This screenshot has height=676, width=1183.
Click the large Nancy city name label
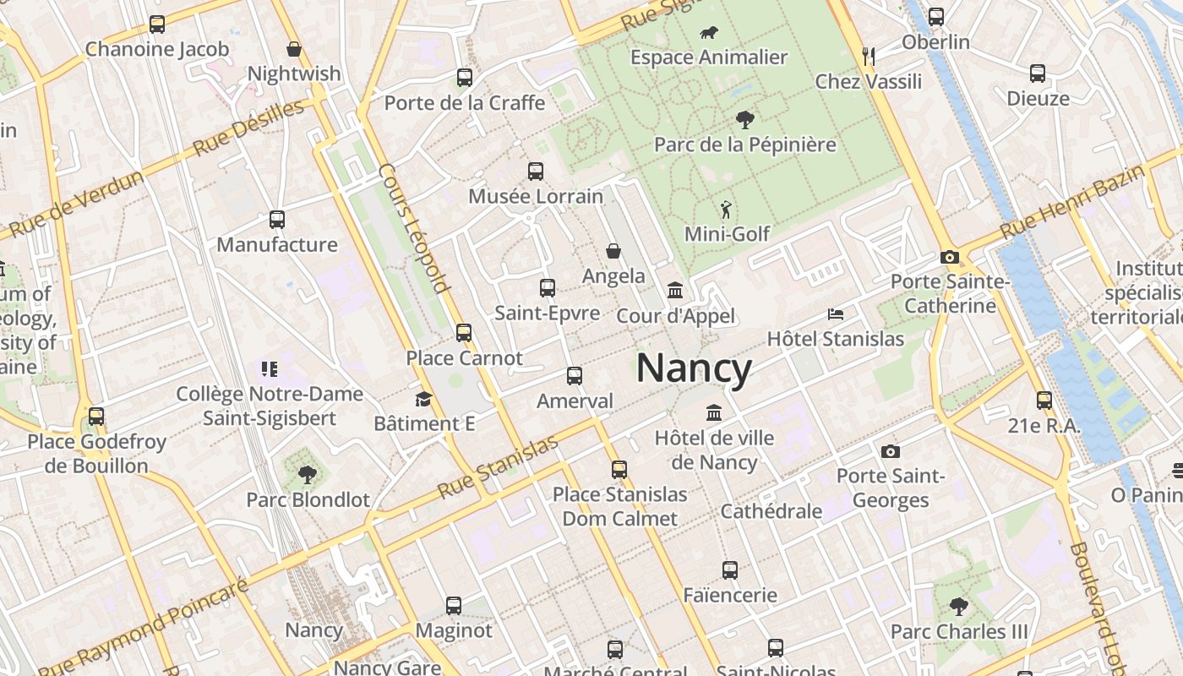point(693,369)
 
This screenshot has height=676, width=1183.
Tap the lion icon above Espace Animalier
point(709,33)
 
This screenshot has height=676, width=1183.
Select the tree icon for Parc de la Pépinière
point(744,119)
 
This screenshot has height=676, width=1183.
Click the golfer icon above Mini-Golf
point(726,209)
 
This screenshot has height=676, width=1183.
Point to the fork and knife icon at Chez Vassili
point(869,57)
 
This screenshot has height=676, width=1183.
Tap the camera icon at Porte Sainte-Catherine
point(949,257)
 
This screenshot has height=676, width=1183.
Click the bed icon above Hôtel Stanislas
point(836,314)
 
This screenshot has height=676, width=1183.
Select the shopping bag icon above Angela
point(613,251)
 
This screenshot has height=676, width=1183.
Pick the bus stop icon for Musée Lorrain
point(536,172)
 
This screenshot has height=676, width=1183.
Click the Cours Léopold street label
point(413,227)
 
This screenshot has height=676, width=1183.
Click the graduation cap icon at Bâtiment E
point(423,399)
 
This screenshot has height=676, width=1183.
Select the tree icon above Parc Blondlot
point(308,474)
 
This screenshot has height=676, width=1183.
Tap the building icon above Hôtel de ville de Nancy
point(714,413)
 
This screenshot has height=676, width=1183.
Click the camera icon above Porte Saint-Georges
point(890,451)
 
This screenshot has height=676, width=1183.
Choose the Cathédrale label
point(771,511)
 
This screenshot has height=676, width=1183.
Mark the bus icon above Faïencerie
point(730,570)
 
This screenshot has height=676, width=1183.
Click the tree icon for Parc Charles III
point(958,606)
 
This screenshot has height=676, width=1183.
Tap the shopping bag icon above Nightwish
point(294,49)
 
